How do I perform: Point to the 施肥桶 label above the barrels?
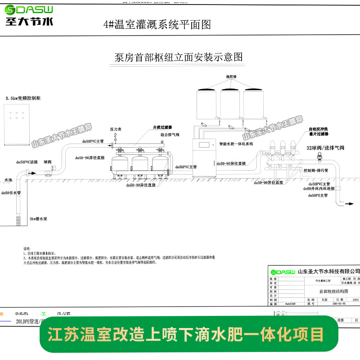pyautogui.click(x=231, y=77)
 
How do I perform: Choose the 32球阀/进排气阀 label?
pyautogui.click(x=325, y=148)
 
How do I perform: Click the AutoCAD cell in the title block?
pyautogui.click(x=290, y=304)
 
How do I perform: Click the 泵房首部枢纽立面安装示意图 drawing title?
pyautogui.click(x=179, y=58)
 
